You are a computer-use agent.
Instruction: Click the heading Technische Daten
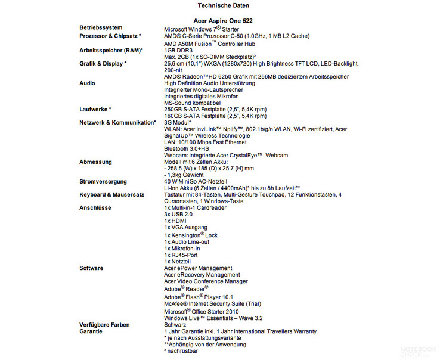click(x=220, y=5)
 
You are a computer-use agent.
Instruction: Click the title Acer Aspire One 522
click(x=220, y=20)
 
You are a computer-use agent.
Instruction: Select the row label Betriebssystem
click(x=101, y=28)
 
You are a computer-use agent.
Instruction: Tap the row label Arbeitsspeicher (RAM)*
click(x=111, y=50)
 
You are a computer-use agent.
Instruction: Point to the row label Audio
click(x=87, y=83)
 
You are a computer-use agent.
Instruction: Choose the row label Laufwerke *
click(x=95, y=110)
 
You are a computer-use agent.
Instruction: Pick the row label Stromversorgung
click(x=103, y=182)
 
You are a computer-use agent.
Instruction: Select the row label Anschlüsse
click(x=95, y=208)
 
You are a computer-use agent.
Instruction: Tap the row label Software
click(x=91, y=268)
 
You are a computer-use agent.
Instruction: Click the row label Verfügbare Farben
click(x=104, y=325)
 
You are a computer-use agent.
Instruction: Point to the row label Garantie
click(x=92, y=331)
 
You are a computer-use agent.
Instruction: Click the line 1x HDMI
click(x=175, y=221)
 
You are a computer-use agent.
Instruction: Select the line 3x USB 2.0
click(x=178, y=214)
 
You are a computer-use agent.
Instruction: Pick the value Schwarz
click(x=176, y=325)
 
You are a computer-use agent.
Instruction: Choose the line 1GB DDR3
click(x=179, y=50)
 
